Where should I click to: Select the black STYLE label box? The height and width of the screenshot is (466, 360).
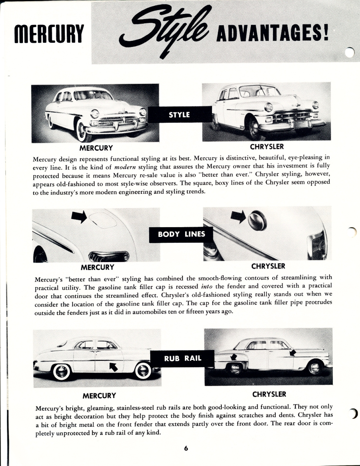(179, 115)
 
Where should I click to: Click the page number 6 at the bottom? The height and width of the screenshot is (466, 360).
(186, 449)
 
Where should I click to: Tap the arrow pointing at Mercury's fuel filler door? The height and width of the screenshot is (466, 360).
(79, 216)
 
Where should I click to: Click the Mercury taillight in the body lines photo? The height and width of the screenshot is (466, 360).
(108, 256)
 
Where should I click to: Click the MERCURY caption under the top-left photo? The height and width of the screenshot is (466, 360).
(96, 148)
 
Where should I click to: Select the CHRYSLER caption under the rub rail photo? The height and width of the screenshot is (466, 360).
(269, 394)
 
